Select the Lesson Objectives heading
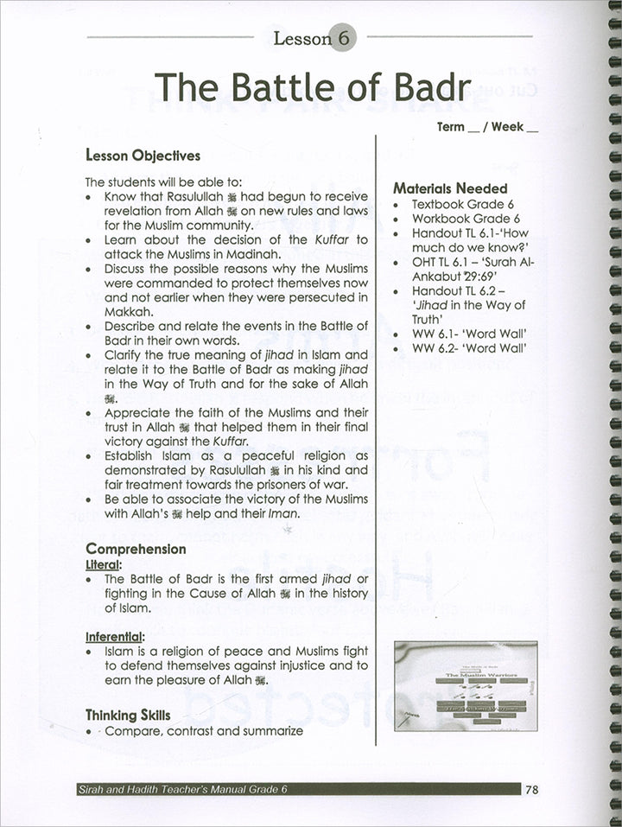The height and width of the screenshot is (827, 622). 143,156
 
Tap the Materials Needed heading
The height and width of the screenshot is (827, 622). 450,188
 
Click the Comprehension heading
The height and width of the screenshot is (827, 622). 135,549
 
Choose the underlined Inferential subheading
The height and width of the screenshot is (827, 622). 114,636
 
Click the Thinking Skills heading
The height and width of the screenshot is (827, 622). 128,716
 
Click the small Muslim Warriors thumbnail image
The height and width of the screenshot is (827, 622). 464,688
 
